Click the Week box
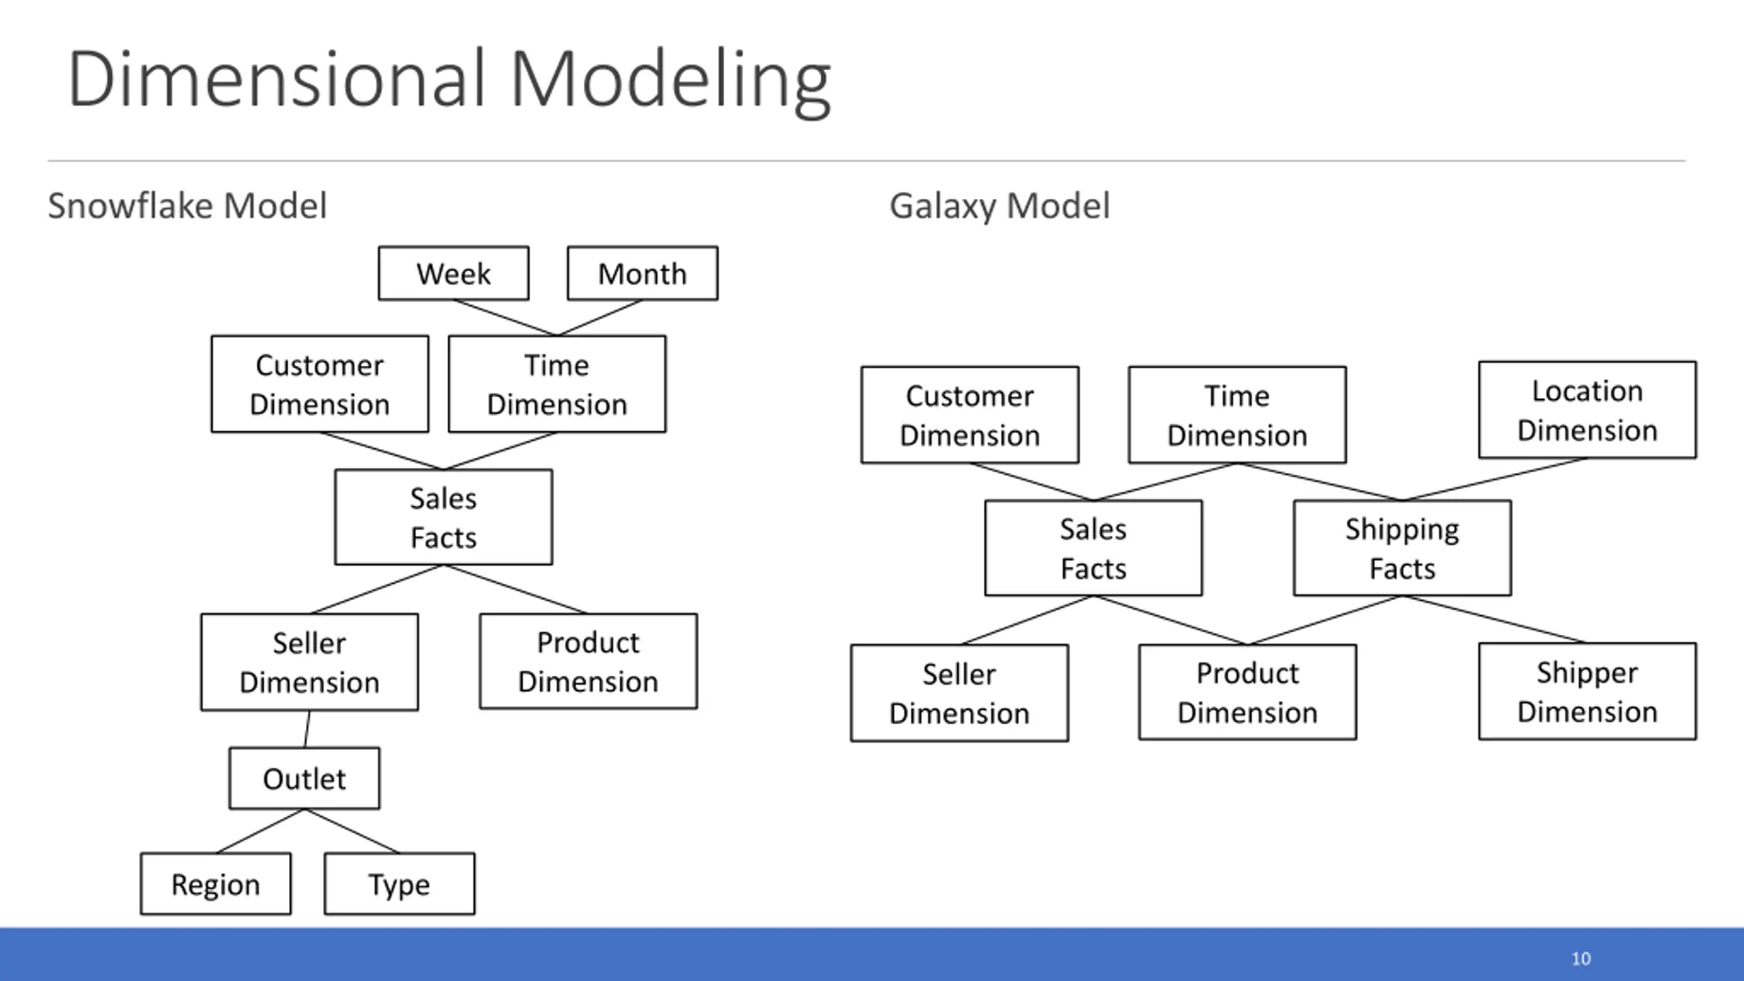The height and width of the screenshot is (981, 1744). point(454,273)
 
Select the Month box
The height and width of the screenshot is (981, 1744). point(642,273)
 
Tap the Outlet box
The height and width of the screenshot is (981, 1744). point(305,779)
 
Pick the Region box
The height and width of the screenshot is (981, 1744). point(216,884)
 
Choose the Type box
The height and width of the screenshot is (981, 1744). point(400,884)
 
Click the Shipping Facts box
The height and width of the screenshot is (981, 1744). point(1403,548)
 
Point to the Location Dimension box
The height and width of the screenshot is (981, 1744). point(1587,410)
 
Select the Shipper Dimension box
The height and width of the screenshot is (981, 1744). point(1587,691)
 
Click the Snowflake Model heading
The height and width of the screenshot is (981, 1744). point(187,206)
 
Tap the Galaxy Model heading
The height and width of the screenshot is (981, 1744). point(999,206)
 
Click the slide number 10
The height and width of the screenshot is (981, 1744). point(1581,959)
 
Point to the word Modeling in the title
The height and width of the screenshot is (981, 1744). point(670,80)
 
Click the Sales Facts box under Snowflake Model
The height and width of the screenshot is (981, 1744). point(443,517)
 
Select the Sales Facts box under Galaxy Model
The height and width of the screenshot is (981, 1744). point(1093,548)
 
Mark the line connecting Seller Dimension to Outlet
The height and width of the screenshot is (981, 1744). point(307,729)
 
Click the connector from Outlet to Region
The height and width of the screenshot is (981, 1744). point(261,831)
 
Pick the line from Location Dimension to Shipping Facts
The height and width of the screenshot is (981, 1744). point(1495,480)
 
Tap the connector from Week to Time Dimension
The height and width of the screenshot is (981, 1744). point(505,317)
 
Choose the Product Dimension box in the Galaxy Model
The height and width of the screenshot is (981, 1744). point(1247,692)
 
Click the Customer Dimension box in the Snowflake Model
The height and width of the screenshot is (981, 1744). point(320,384)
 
